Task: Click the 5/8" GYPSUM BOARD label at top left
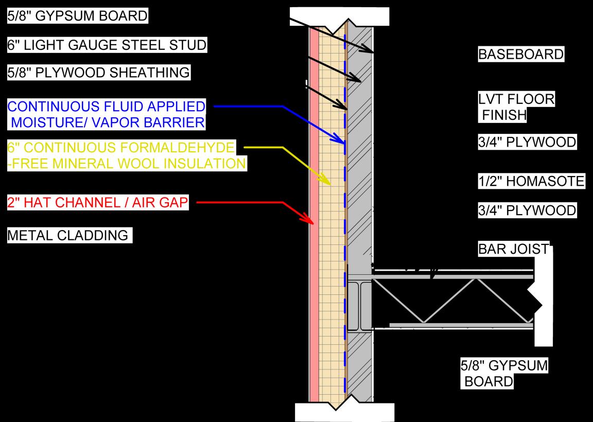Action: [x=77, y=16]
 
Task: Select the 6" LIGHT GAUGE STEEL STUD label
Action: [x=107, y=45]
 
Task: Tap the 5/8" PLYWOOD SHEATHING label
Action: [x=98, y=73]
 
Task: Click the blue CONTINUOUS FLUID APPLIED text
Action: [x=106, y=107]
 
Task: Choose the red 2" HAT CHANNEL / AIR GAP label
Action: [x=97, y=203]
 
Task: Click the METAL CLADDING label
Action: [x=67, y=236]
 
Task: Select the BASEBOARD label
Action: [x=521, y=54]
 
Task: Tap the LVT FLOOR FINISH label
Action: [x=516, y=107]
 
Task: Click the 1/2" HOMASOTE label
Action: [x=531, y=181]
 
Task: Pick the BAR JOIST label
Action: [x=513, y=249]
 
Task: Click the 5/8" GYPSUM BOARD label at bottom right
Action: [x=504, y=374]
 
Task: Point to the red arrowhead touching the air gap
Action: [x=308, y=221]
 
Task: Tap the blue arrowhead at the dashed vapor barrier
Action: [x=339, y=140]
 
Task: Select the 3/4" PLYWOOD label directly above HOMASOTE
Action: [x=527, y=142]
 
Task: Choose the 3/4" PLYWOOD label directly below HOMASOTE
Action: [x=527, y=210]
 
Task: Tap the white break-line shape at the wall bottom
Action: [x=344, y=411]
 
